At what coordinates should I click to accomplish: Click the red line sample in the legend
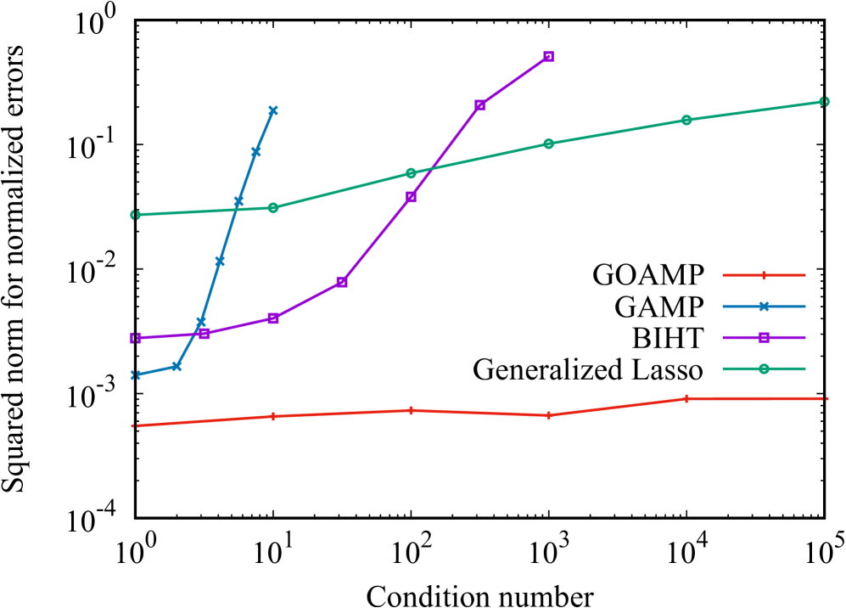point(764,275)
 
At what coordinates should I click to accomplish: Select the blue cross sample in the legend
point(764,307)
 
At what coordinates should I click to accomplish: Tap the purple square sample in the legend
point(764,338)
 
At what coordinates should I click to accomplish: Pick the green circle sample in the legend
point(764,369)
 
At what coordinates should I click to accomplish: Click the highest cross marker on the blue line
point(273,110)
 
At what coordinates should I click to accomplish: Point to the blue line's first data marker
point(135,374)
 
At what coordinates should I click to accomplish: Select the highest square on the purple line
point(548,57)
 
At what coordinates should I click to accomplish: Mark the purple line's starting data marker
point(135,338)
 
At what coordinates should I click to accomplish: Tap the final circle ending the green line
point(823,102)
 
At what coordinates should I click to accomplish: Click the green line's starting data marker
point(135,215)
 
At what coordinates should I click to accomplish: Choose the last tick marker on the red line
point(823,398)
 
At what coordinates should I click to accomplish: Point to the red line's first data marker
point(135,425)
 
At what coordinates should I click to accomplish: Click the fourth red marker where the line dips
point(548,415)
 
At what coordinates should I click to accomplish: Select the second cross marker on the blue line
point(176,367)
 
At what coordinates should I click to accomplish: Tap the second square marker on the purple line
point(204,334)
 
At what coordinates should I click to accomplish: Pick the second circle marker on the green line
point(273,208)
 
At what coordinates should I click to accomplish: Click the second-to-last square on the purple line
point(479,105)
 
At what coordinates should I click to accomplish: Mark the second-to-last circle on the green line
point(686,120)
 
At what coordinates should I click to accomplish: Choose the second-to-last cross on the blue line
point(255,152)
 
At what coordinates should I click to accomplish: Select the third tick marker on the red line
point(411,410)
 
